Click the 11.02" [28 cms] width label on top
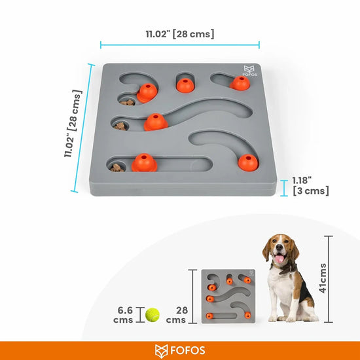[179, 33]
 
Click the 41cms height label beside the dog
[342, 279]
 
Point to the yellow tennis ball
[153, 314]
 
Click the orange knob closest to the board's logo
[240, 83]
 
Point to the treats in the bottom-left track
[117, 168]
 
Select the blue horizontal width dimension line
[179, 45]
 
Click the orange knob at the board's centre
[155, 122]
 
